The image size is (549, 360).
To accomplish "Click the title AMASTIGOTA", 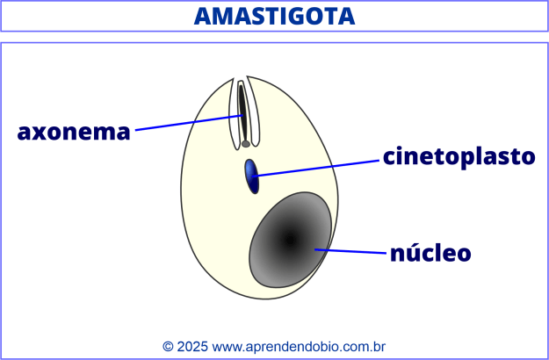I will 274,16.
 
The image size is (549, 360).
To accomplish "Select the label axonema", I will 74,133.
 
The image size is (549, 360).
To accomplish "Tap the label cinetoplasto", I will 459,156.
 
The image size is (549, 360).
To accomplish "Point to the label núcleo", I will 430,254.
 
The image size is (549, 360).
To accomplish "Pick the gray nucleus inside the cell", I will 289,240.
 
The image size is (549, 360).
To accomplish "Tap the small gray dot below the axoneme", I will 246,143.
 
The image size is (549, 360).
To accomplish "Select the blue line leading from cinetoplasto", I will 316,168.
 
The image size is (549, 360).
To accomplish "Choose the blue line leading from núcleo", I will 351,252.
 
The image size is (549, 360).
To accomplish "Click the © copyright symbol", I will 168,347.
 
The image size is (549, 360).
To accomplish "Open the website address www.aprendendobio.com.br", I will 300,347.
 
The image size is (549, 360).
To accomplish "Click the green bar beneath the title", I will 274,37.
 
